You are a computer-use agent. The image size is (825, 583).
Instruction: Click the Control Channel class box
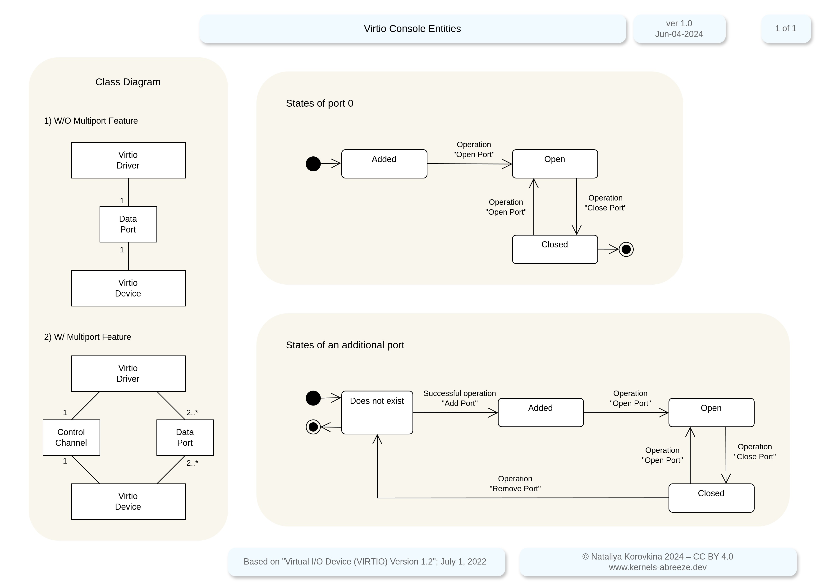coord(71,437)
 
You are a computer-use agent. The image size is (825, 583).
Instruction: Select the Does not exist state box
coord(377,412)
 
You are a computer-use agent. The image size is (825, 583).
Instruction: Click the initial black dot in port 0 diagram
coord(313,164)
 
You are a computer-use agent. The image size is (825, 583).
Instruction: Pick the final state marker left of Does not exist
coord(313,427)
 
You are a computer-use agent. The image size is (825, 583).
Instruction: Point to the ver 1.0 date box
coord(679,28)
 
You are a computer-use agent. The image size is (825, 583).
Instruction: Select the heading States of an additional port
coord(345,345)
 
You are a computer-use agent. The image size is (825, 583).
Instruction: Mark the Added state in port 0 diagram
coord(384,164)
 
